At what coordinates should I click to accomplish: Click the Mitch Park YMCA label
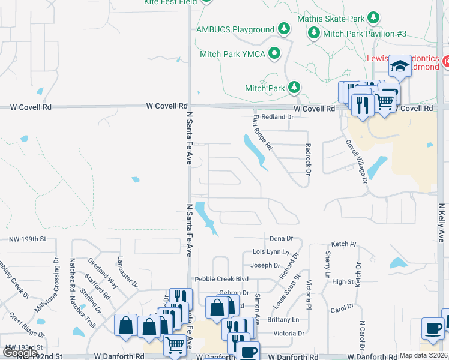(232, 54)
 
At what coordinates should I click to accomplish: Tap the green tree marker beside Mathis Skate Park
(373, 18)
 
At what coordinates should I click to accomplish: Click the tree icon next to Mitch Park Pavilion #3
(314, 34)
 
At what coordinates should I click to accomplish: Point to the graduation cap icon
(399, 65)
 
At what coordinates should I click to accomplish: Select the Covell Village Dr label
(356, 160)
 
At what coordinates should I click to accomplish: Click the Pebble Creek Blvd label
(221, 280)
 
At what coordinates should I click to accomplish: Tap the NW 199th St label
(28, 239)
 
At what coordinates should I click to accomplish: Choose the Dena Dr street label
(281, 239)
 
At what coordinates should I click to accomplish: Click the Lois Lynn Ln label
(271, 252)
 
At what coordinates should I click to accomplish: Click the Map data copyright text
(423, 355)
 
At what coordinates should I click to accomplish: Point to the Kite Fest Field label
(170, 2)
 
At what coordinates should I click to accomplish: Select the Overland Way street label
(103, 273)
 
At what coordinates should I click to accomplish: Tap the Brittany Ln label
(287, 320)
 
